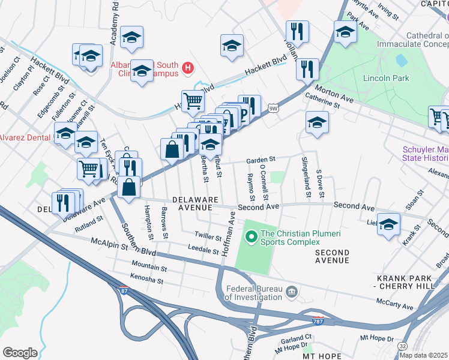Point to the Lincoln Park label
point(385,78)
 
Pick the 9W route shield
point(273,108)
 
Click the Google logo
point(20,352)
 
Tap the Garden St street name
point(261,160)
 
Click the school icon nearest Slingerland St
point(317,123)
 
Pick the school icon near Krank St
point(388,224)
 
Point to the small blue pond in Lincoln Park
point(400,61)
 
